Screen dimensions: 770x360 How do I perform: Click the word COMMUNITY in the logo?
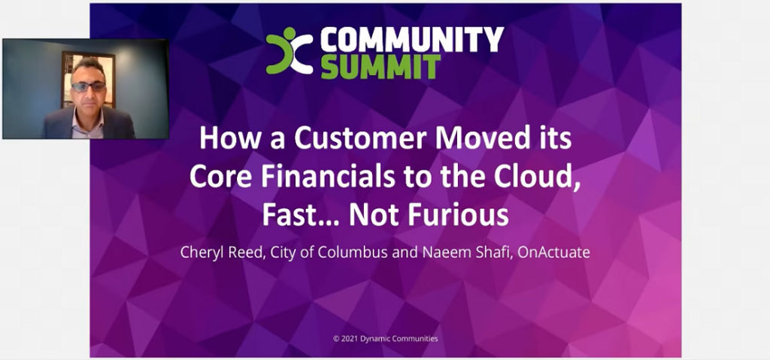point(412,39)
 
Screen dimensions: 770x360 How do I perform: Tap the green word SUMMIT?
point(381,66)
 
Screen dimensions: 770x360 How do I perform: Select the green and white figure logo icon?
point(290,51)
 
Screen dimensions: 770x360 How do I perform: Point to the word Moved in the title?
point(483,138)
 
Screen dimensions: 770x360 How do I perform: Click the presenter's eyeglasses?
point(89,87)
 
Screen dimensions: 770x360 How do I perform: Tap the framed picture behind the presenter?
point(89,79)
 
